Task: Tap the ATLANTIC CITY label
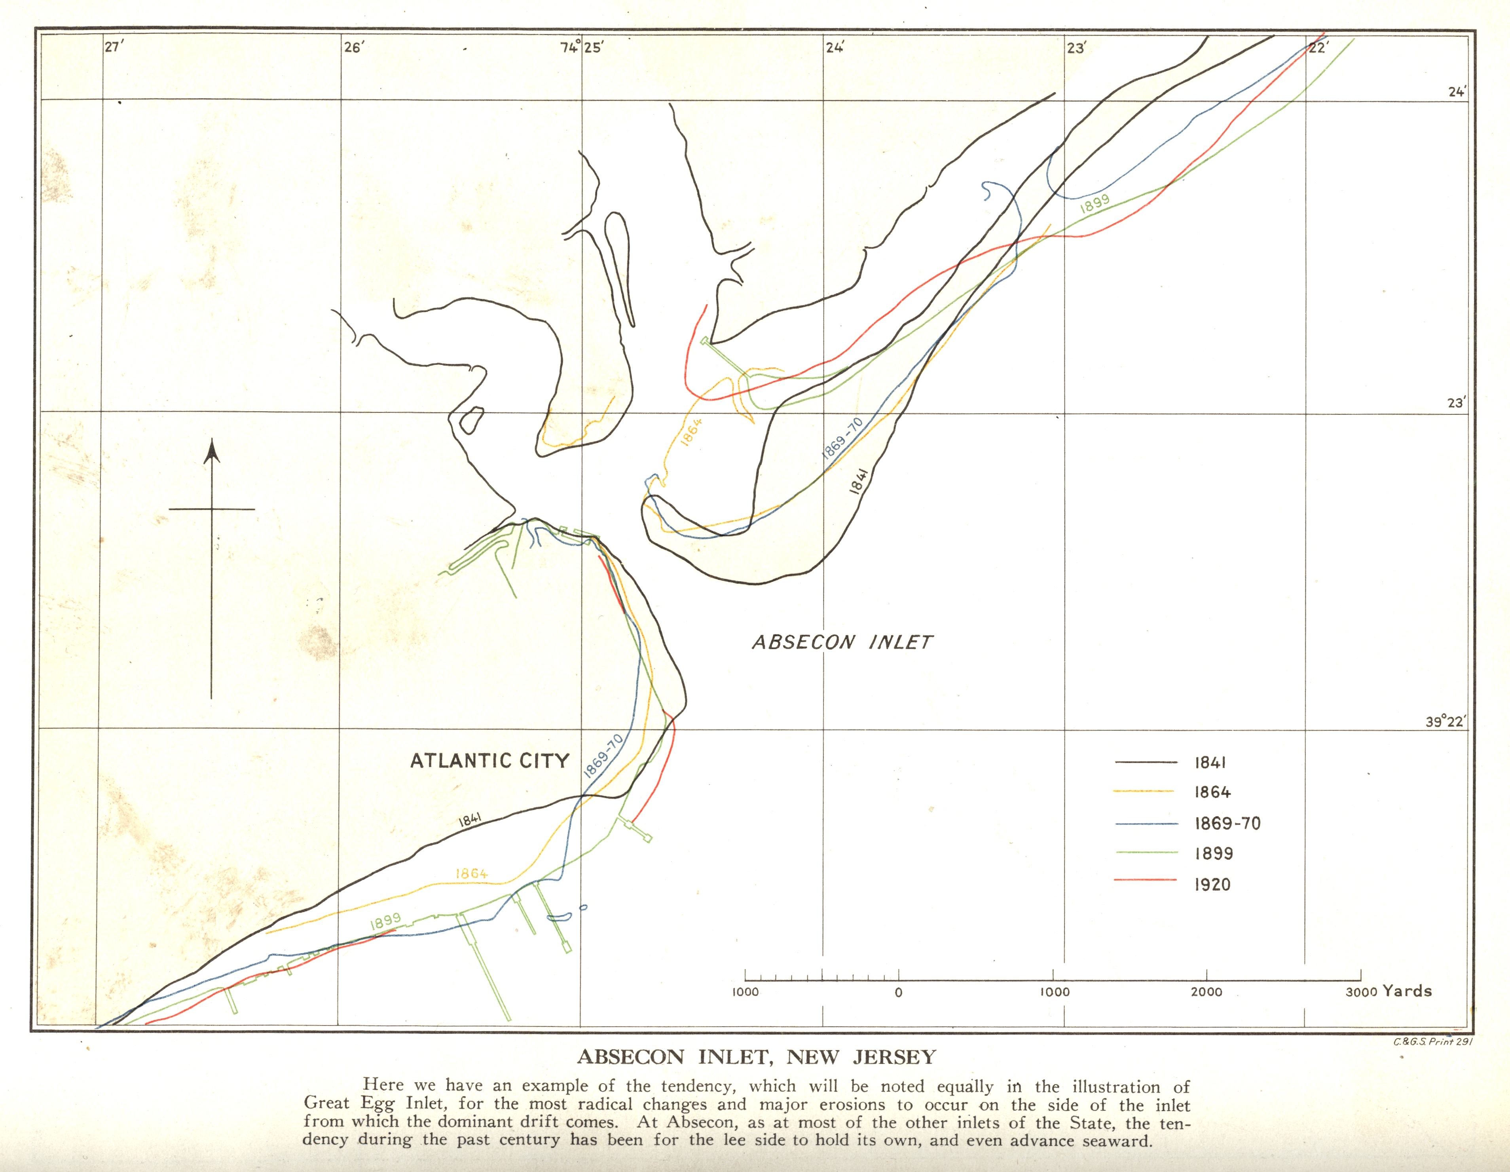point(489,761)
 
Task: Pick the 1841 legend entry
point(1210,763)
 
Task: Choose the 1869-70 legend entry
point(1227,824)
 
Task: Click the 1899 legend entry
point(1213,854)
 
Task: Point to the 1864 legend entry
point(1212,792)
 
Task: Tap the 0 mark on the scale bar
point(898,992)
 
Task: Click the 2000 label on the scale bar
point(1206,992)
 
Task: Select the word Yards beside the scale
point(1407,991)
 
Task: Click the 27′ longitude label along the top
point(114,47)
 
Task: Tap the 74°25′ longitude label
point(581,47)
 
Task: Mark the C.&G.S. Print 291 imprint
point(1432,1042)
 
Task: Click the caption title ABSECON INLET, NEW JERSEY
point(756,1057)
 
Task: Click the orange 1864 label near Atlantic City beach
point(472,874)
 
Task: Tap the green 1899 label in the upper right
point(1095,203)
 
